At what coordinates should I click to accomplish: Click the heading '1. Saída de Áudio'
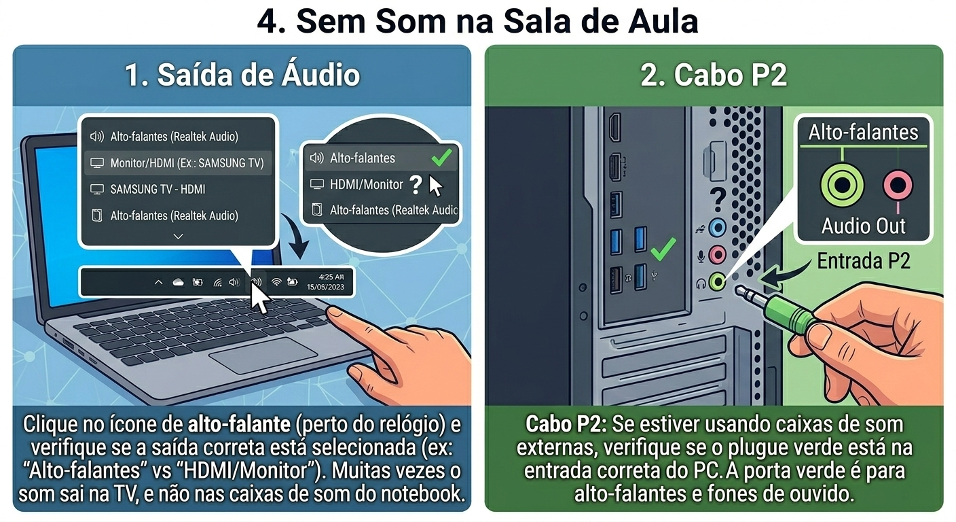pyautogui.click(x=242, y=75)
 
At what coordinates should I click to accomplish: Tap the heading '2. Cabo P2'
pyautogui.click(x=714, y=75)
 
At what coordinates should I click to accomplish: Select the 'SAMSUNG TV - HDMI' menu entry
pyautogui.click(x=158, y=189)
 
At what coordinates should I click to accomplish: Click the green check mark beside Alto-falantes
pyautogui.click(x=441, y=157)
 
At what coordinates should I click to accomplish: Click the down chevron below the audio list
pyautogui.click(x=179, y=237)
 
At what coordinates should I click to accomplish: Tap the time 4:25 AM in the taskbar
pyautogui.click(x=331, y=277)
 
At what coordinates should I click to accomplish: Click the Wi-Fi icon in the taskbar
pyautogui.click(x=276, y=281)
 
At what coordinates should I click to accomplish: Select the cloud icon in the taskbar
pyautogui.click(x=178, y=282)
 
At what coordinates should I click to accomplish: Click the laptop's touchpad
pyautogui.click(x=263, y=355)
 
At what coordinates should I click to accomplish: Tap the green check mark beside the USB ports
pyautogui.click(x=663, y=249)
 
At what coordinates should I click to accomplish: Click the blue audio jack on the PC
pyautogui.click(x=718, y=227)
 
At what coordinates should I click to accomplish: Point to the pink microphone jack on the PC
pyautogui.click(x=718, y=255)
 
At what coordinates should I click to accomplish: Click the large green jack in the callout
pyautogui.click(x=842, y=186)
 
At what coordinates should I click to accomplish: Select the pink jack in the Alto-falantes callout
pyautogui.click(x=898, y=186)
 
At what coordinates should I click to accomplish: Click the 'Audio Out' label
pyautogui.click(x=864, y=226)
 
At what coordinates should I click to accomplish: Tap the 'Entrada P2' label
pyautogui.click(x=864, y=260)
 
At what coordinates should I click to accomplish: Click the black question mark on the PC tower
pyautogui.click(x=718, y=199)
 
